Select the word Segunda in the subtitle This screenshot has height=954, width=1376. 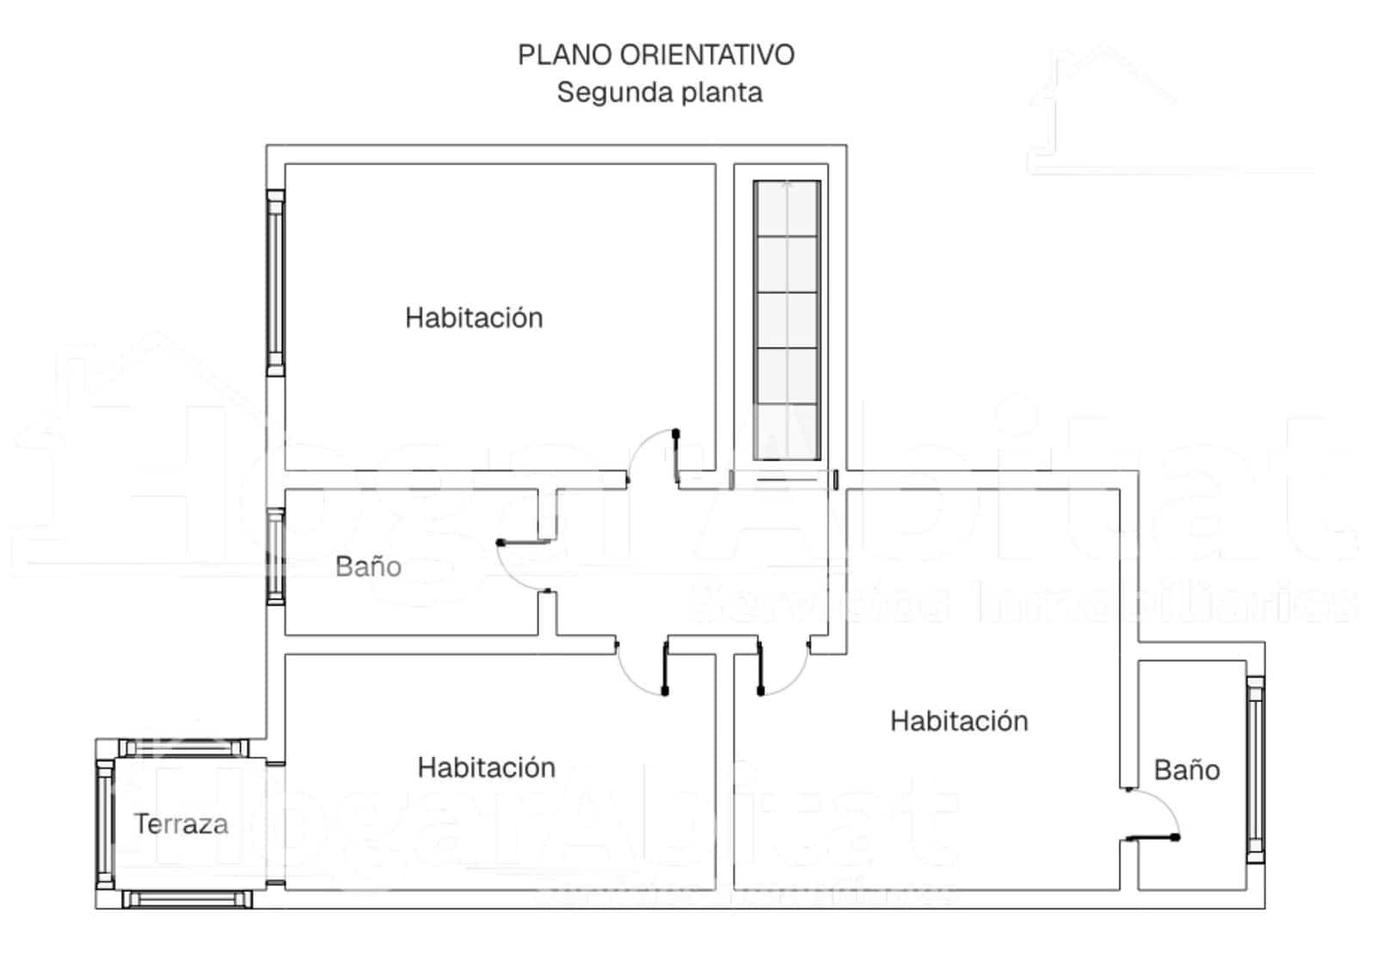(604, 92)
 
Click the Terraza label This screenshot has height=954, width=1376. (181, 824)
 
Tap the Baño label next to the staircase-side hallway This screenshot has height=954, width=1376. (368, 566)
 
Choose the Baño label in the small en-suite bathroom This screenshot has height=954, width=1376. (1186, 769)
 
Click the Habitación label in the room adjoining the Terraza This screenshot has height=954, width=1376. (486, 766)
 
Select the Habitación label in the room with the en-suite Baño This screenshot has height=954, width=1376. (959, 720)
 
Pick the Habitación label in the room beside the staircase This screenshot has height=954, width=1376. (474, 317)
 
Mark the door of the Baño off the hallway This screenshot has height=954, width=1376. (525, 543)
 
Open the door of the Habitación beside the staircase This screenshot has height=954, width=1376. (677, 456)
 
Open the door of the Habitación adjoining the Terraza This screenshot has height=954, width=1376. (666, 667)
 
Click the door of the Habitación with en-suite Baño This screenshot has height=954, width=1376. (760, 667)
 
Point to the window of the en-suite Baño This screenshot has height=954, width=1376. (1255, 769)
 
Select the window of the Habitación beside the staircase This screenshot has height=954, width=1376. (275, 283)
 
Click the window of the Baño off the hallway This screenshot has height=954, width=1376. (275, 557)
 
